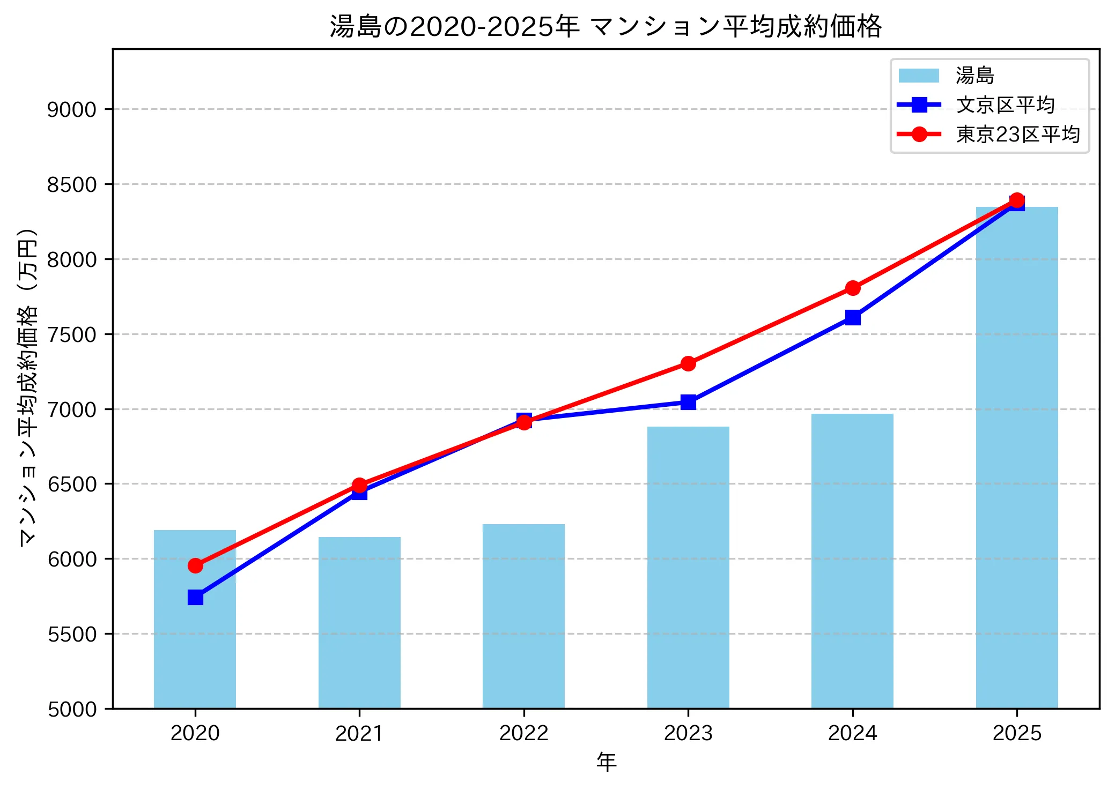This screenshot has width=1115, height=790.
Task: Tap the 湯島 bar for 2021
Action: coord(359,622)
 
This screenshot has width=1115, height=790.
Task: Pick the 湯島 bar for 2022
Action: coord(523,616)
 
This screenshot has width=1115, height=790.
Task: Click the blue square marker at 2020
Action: coord(195,597)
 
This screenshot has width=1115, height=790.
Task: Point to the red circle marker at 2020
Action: coord(195,565)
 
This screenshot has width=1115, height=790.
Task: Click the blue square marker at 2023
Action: coord(688,402)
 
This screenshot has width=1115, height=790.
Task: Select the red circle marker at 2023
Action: coord(688,363)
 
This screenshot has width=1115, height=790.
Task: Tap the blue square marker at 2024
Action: coord(852,317)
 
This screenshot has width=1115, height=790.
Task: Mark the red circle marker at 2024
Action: coord(852,288)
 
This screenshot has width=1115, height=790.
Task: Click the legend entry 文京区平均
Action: coord(1005,105)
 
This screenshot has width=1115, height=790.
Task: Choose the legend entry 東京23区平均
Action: coord(1017,135)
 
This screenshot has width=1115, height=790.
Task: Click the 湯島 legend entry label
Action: coord(974,76)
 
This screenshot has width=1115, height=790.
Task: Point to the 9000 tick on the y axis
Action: coord(71,109)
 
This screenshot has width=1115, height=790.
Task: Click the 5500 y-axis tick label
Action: coord(71,634)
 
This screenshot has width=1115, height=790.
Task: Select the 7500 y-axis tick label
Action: coord(71,334)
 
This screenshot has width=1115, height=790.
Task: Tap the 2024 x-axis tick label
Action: coord(852,733)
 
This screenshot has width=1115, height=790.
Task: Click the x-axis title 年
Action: coord(606,762)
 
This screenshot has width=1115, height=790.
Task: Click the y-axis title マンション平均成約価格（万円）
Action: coord(28,386)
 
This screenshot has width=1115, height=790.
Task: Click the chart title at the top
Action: coord(606,26)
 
